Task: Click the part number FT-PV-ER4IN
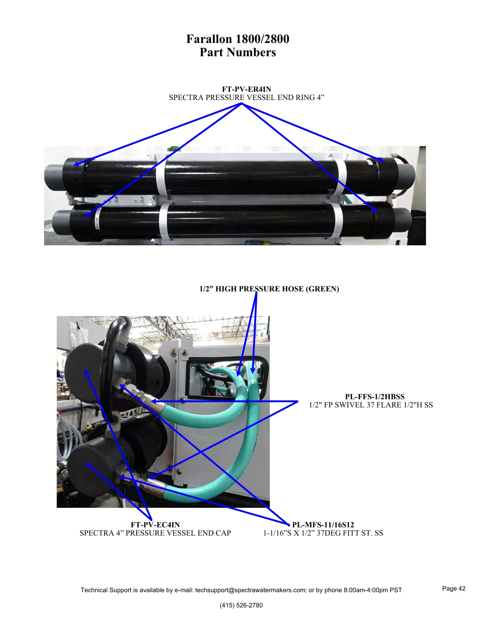click(246, 89)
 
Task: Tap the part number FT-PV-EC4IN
click(155, 525)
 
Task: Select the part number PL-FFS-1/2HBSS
click(374, 396)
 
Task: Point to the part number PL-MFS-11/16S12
click(323, 525)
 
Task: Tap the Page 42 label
click(454, 588)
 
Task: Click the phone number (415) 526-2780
click(241, 605)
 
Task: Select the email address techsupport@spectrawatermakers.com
click(251, 590)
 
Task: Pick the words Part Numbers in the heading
click(238, 52)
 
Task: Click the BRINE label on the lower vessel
click(97, 223)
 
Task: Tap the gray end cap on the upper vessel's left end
click(54, 176)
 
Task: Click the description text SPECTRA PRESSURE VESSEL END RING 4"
click(246, 98)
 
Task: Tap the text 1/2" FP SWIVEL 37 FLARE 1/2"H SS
click(371, 405)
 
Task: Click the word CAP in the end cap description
click(223, 533)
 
